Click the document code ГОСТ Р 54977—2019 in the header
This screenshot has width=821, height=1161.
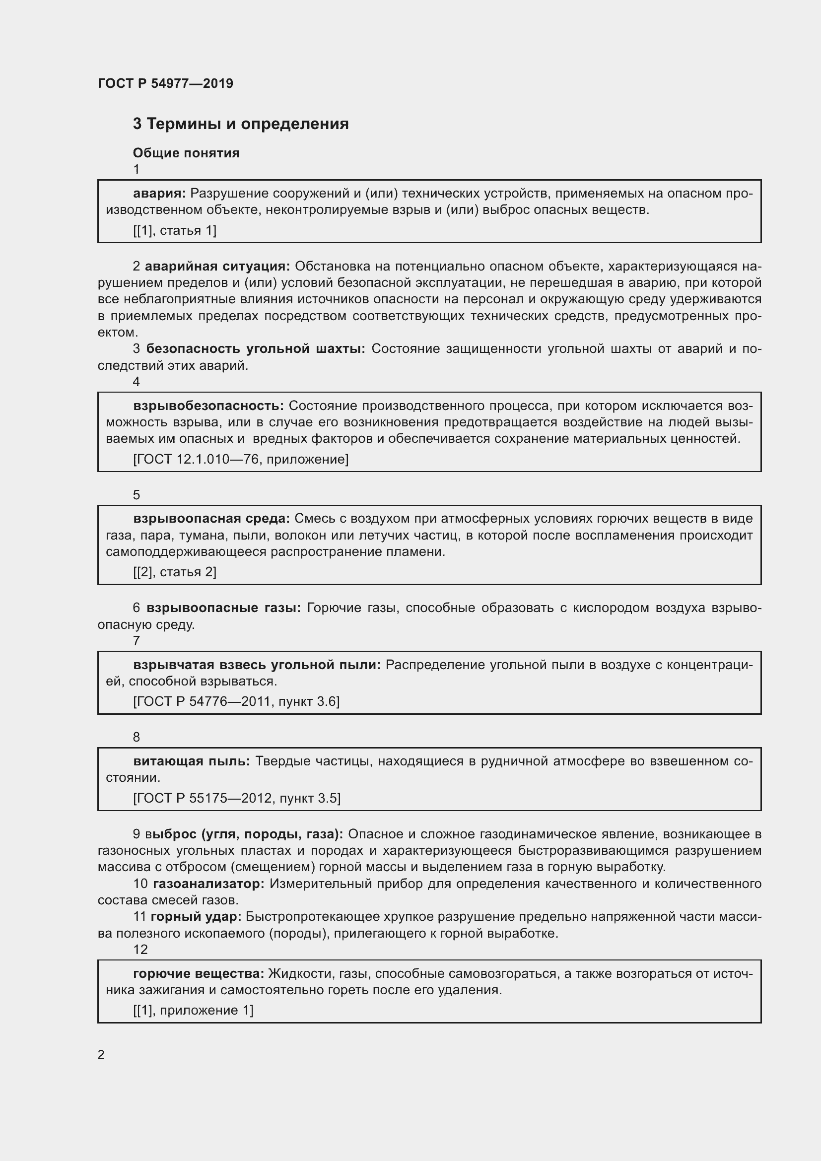[x=165, y=83]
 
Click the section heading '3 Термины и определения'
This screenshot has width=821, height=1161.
[x=241, y=124]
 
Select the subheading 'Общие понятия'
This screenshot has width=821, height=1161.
[x=186, y=153]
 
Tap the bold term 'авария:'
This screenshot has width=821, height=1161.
[x=160, y=193]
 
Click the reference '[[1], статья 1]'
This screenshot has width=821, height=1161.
[x=174, y=231]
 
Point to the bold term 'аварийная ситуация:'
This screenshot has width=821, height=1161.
[x=217, y=267]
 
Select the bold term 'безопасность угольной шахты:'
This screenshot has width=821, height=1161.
[x=256, y=349]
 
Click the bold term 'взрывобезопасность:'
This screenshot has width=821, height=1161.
[x=209, y=406]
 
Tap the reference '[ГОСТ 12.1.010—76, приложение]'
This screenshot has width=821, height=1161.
[x=241, y=459]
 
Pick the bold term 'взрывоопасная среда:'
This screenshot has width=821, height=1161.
[x=211, y=518]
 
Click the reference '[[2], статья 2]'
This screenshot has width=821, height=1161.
[x=174, y=572]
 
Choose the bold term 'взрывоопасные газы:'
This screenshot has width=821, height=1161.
[x=223, y=608]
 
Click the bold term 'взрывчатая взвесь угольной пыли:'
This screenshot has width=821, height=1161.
[x=257, y=665]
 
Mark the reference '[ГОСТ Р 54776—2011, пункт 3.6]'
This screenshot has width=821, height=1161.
[x=236, y=701]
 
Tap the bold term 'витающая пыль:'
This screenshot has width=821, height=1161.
[x=192, y=761]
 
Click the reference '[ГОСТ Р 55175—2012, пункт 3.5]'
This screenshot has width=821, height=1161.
[x=237, y=798]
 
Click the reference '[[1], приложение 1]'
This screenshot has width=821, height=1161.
[x=193, y=1010]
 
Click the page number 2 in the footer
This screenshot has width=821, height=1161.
[x=101, y=1055]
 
